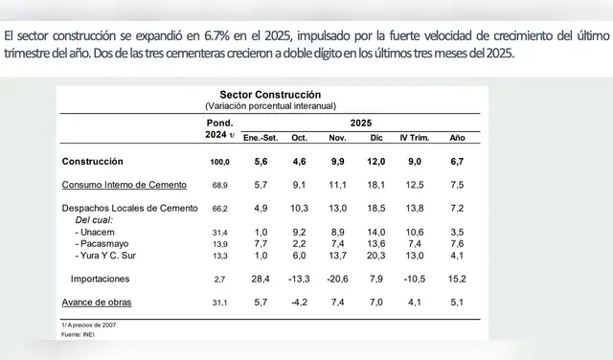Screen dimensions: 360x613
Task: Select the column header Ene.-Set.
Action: click(x=261, y=139)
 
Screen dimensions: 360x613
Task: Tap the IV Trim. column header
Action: click(x=415, y=139)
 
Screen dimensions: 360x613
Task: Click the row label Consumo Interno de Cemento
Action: click(x=124, y=184)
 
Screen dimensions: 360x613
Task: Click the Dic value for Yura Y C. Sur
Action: click(x=375, y=256)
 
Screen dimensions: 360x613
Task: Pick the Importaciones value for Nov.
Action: click(x=335, y=279)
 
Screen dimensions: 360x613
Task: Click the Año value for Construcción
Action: click(x=458, y=161)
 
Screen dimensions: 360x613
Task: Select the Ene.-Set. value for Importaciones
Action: click(x=260, y=279)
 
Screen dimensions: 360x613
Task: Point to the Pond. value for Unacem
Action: click(x=219, y=232)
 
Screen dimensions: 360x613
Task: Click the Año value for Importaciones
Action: click(x=457, y=279)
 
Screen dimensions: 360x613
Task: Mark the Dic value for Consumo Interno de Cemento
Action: click(x=375, y=184)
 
